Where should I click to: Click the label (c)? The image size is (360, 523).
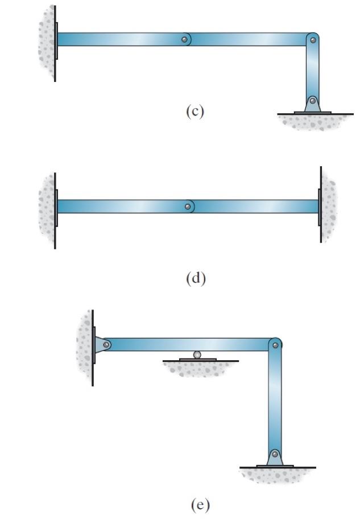tap(195, 111)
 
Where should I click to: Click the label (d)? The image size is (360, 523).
tap(195, 278)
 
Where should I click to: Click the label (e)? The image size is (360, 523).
tap(199, 505)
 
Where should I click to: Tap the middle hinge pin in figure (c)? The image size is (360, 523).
tap(184, 39)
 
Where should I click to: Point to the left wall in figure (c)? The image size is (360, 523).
tap(47, 43)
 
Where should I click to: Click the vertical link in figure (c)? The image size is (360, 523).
tap(313, 71)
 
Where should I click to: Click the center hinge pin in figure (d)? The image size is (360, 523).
tap(188, 206)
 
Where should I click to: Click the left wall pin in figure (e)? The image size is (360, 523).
tap(106, 344)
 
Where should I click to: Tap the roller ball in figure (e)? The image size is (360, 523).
tap(197, 355)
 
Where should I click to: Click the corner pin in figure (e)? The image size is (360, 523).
tap(275, 344)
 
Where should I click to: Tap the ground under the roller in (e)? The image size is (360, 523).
tap(199, 368)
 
